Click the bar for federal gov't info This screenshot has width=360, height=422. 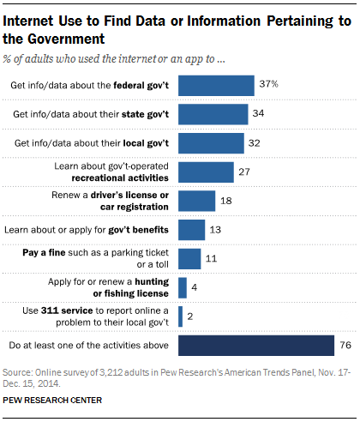point(215,85)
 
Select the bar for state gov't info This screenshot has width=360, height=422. point(213,114)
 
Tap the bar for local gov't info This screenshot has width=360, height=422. point(210,142)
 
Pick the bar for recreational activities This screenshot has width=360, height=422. point(205,172)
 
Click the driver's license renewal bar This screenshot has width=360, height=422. point(196,201)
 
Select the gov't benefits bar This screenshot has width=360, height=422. point(191,230)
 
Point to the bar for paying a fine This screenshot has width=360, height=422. point(189,258)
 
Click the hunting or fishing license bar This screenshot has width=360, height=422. point(182,287)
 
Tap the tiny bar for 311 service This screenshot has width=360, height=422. point(180,316)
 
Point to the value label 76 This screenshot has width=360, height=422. point(345,346)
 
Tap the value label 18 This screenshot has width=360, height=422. point(226,201)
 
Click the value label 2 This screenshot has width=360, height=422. point(191,316)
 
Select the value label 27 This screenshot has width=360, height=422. point(245,172)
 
